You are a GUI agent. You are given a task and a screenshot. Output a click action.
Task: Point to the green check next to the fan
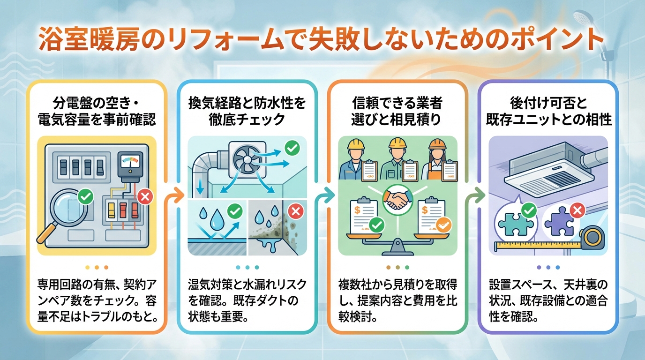click(x=292, y=149)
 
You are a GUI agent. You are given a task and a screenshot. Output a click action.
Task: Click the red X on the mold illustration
click(x=295, y=212)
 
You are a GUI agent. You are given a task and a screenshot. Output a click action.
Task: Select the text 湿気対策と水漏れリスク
click(x=247, y=284)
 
